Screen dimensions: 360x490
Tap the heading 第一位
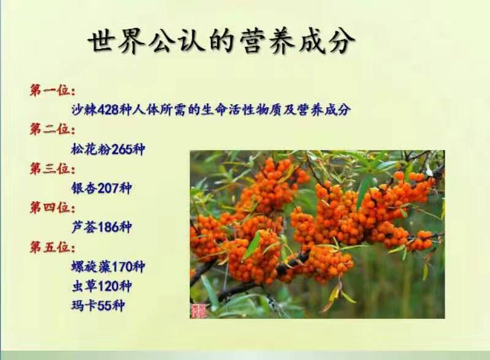(x=52, y=91)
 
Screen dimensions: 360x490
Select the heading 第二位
(x=52, y=129)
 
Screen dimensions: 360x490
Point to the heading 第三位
(x=52, y=168)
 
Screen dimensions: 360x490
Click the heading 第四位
(x=52, y=208)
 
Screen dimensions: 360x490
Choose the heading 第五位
(x=52, y=247)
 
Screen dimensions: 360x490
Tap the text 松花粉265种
(x=108, y=149)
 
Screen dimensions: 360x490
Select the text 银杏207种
(x=101, y=188)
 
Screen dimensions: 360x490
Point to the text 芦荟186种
(x=101, y=227)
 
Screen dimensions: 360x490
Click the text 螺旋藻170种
(x=108, y=266)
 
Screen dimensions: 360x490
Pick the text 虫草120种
(x=101, y=285)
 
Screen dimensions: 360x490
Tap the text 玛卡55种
(x=97, y=305)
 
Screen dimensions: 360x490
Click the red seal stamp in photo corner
(x=199, y=310)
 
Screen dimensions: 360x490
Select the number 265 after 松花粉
(x=122, y=149)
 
